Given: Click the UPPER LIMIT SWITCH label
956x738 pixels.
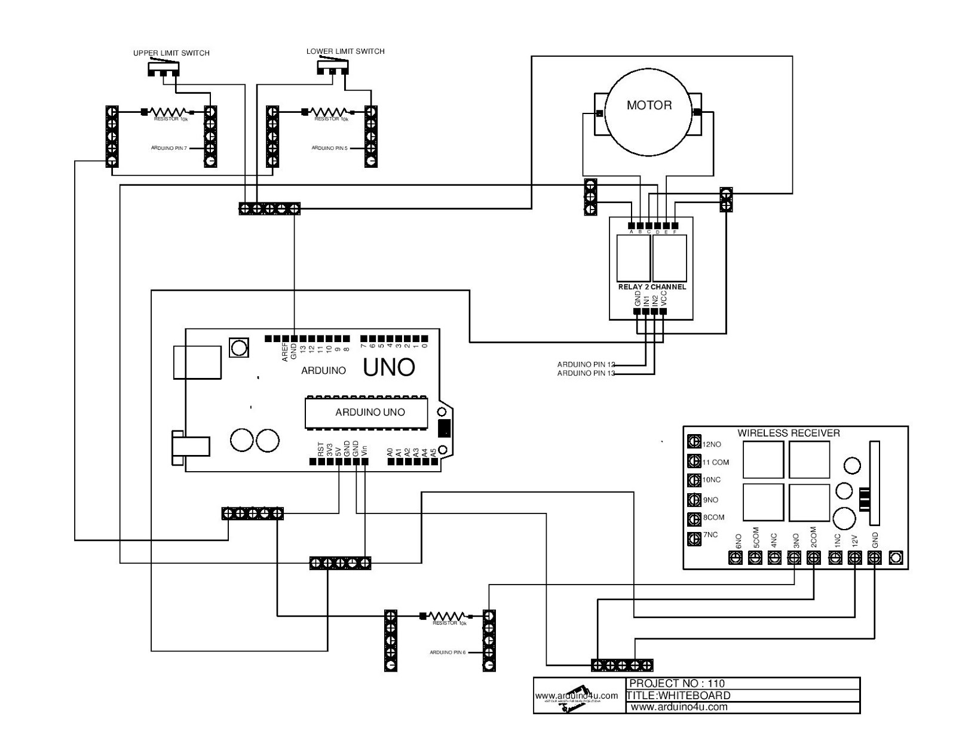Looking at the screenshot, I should pyautogui.click(x=171, y=53).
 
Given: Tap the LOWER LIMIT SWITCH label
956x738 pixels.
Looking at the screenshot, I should pyautogui.click(x=345, y=51).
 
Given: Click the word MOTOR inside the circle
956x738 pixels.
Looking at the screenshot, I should pyautogui.click(x=649, y=105).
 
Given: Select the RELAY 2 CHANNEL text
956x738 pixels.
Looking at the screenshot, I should pyautogui.click(x=651, y=287).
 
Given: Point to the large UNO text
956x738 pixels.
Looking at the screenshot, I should pyautogui.click(x=389, y=367).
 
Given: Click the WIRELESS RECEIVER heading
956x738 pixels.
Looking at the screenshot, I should pyautogui.click(x=788, y=433).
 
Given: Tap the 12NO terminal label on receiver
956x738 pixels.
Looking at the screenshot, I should pyautogui.click(x=711, y=444).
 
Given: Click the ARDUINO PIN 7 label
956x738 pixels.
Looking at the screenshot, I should pyautogui.click(x=170, y=148).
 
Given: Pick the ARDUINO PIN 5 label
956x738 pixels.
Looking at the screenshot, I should pyautogui.click(x=329, y=148).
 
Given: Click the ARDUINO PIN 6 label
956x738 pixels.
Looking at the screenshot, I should pyautogui.click(x=448, y=653).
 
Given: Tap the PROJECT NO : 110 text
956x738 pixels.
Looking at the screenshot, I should pyautogui.click(x=677, y=683).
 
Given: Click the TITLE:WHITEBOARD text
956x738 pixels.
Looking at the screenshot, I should pyautogui.click(x=678, y=695).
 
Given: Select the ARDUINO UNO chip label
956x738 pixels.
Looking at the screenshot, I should pyautogui.click(x=370, y=412).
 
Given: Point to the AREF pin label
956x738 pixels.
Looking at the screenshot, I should pyautogui.click(x=285, y=352).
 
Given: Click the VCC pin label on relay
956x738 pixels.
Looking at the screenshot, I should pyautogui.click(x=664, y=299).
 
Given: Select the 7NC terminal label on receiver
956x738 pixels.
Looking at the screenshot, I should pyautogui.click(x=710, y=535).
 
